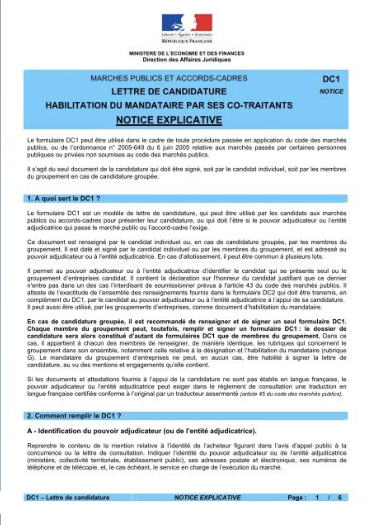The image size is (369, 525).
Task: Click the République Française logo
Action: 186,28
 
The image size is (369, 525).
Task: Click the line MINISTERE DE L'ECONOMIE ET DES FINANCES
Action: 186,54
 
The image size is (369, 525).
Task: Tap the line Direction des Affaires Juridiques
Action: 186,59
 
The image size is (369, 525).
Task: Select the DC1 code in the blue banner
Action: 332,80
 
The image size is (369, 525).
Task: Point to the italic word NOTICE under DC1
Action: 332,91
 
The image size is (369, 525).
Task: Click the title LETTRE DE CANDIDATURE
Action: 169,91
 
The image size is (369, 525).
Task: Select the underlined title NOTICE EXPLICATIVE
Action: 169,120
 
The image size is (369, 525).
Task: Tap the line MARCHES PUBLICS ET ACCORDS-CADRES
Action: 169,78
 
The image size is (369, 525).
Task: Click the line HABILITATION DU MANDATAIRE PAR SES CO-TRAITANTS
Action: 169,105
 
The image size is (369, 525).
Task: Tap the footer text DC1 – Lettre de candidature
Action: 68,498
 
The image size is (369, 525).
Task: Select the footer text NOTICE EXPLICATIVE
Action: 207,498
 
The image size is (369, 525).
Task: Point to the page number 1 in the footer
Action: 317,498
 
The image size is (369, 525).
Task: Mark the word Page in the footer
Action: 297,498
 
